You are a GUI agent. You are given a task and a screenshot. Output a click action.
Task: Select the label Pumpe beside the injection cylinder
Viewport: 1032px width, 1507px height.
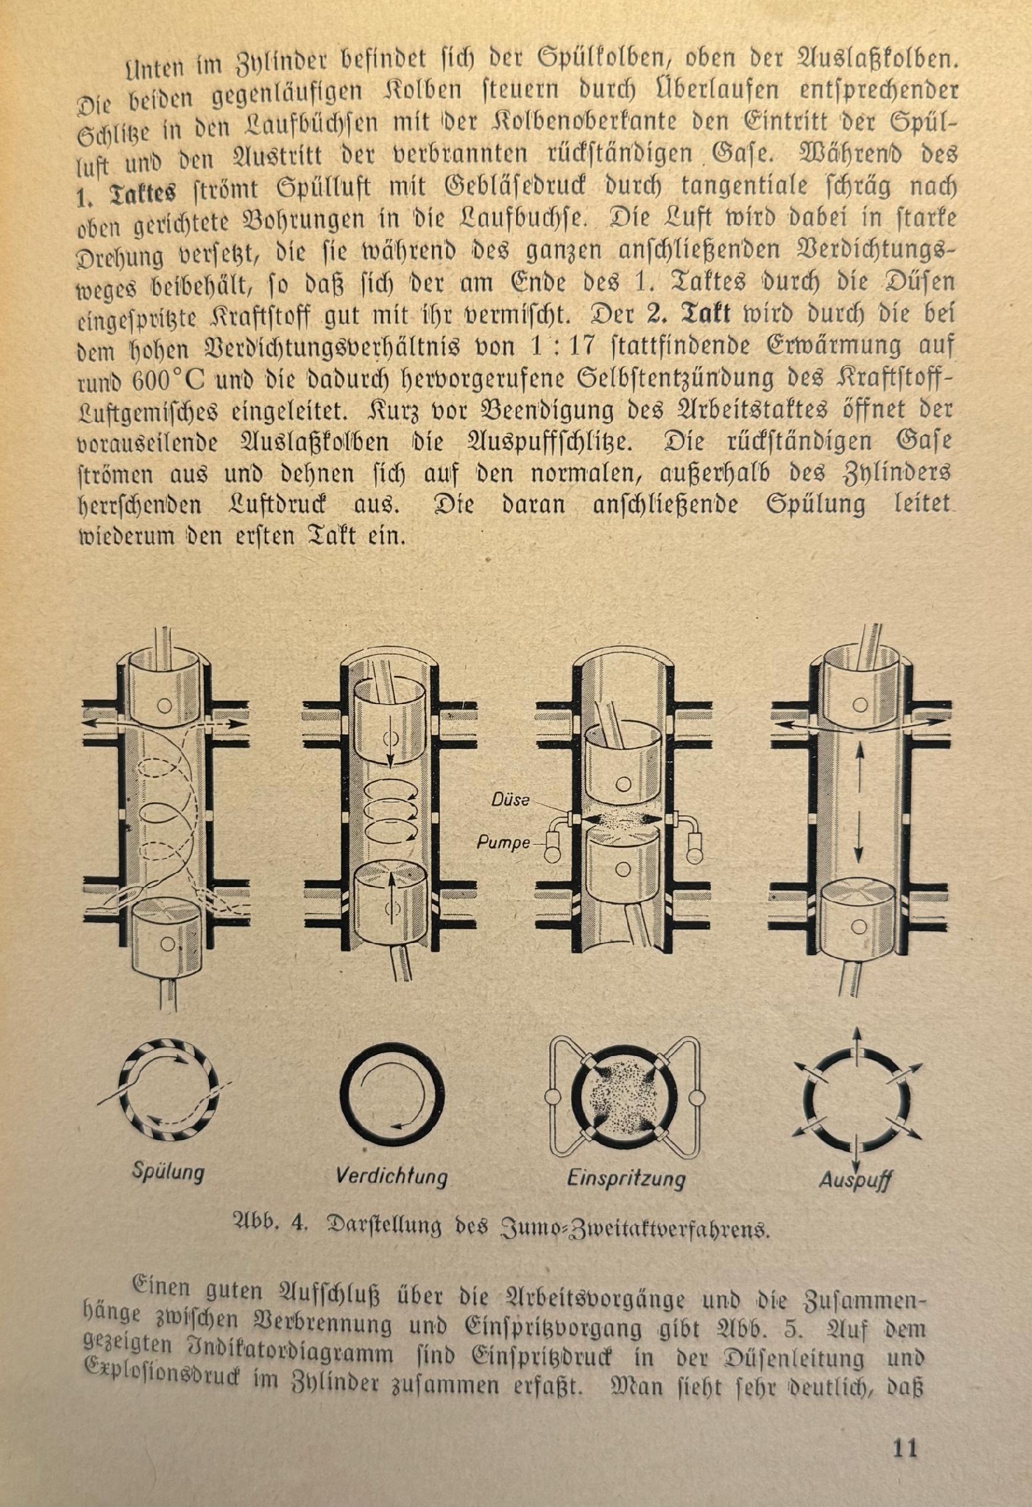502,844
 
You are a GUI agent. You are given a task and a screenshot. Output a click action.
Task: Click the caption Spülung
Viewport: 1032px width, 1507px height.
168,1172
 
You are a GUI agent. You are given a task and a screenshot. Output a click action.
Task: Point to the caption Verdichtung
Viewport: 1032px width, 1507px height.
391,1175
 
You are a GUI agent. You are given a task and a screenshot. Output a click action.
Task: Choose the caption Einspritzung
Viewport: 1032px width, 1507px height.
625,1176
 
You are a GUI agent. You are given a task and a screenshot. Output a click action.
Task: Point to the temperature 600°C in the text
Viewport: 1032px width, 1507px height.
172,378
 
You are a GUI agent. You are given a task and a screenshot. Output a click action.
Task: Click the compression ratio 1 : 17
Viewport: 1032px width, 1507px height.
561,347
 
